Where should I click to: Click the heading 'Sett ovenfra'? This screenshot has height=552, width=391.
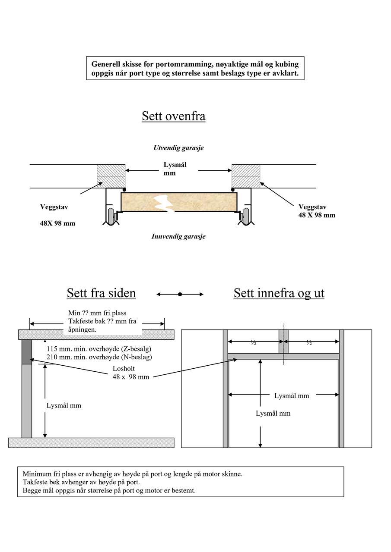[173, 116]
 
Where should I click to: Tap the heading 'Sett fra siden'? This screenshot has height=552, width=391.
[101, 293]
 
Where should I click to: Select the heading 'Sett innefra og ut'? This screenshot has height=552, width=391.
[279, 293]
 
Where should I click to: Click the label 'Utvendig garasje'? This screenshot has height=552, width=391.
[178, 148]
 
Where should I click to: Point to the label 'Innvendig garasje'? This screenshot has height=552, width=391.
[178, 236]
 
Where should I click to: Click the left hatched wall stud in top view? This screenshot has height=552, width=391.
[111, 176]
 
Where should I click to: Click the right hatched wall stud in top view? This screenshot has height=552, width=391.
[246, 176]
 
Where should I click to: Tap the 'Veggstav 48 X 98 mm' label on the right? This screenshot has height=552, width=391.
[317, 211]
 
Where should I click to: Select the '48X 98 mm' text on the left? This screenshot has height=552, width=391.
[57, 223]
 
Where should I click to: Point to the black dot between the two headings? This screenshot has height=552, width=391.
[180, 294]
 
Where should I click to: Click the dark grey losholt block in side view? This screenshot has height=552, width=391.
[27, 352]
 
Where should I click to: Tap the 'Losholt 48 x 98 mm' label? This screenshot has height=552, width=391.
[130, 373]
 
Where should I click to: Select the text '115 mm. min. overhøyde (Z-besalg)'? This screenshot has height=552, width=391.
[99, 349]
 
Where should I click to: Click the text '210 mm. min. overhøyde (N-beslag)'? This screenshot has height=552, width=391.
[99, 357]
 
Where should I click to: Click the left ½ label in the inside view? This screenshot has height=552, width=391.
[254, 342]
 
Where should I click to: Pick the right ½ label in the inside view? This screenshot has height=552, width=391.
[309, 342]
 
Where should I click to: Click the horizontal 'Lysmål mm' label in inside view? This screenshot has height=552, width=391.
[292, 395]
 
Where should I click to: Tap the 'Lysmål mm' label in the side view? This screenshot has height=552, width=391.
[64, 405]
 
